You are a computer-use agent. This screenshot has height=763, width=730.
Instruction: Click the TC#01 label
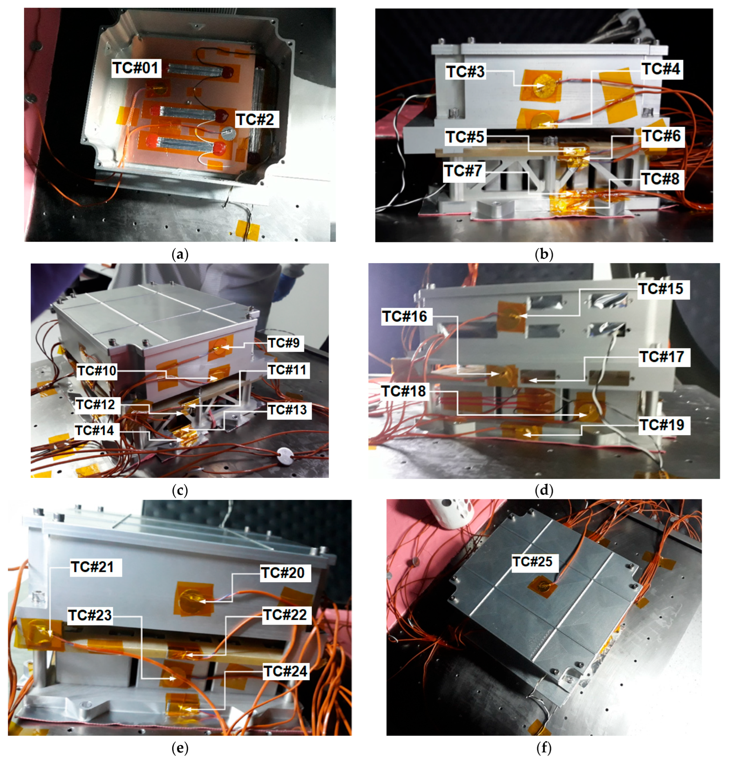click(x=136, y=68)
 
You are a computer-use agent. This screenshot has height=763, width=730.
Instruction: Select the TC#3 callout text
click(x=465, y=72)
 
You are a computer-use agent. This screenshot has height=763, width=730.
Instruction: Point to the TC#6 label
click(x=661, y=136)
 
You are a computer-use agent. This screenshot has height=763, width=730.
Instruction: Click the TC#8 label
click(x=661, y=179)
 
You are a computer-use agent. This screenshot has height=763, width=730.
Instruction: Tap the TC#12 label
click(x=95, y=405)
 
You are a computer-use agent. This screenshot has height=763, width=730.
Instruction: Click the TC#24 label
click(x=286, y=672)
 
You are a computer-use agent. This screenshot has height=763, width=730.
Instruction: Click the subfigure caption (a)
click(x=180, y=255)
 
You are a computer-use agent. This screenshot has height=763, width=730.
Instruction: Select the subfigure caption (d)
click(x=544, y=491)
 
